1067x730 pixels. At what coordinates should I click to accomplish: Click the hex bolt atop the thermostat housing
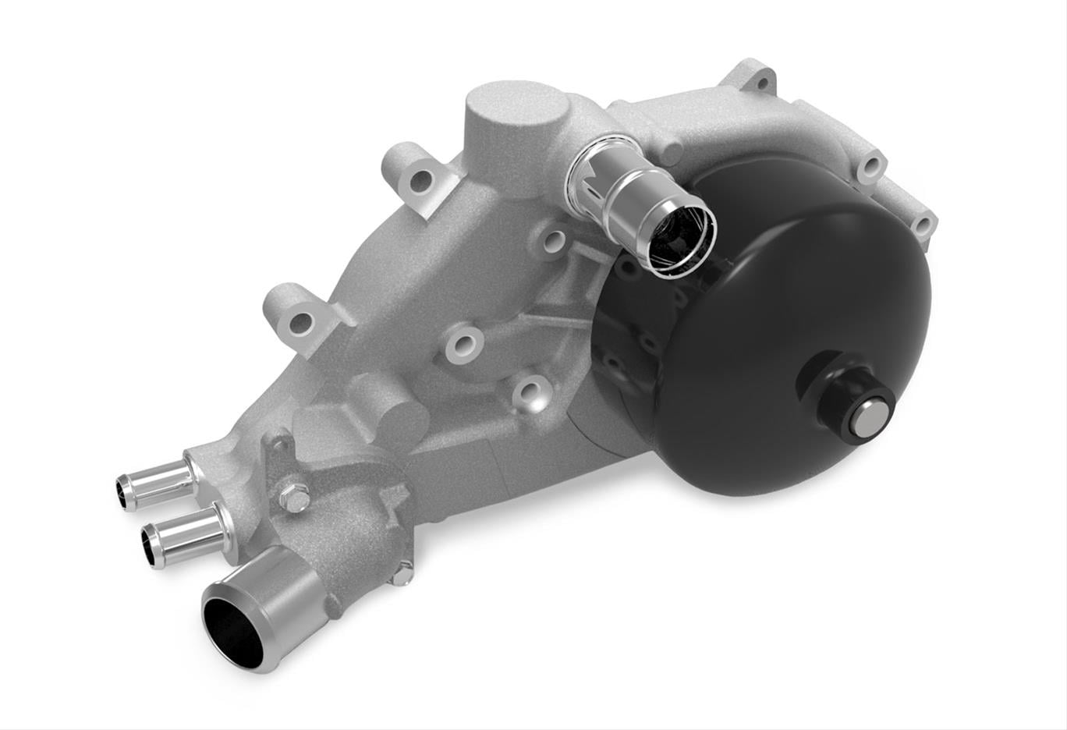click(293, 498)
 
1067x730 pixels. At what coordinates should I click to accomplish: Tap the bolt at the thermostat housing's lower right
click(402, 575)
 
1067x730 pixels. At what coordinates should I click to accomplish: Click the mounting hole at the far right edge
click(923, 225)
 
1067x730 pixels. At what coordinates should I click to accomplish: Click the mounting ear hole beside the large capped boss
click(420, 180)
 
